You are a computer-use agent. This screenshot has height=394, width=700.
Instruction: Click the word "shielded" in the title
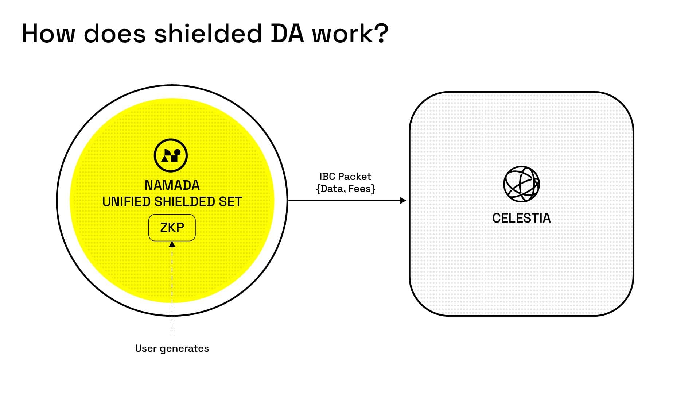pos(208,34)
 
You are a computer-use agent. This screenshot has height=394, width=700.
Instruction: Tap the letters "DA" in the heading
pos(287,34)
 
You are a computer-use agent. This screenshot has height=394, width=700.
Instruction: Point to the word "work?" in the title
pos(350,34)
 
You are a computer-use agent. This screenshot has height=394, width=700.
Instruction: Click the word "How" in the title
pos(48,34)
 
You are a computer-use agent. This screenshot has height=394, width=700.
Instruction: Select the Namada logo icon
pos(171,155)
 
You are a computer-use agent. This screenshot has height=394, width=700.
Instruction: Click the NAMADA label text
pos(172,185)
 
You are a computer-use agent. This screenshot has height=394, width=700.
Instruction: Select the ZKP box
pos(172,228)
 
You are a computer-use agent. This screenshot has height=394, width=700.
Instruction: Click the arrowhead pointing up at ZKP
pos(172,244)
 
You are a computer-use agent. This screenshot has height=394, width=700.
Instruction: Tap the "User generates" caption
pos(172,348)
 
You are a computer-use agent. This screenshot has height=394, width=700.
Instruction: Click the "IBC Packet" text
pos(345,177)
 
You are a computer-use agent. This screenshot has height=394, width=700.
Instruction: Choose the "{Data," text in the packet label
pos(331,189)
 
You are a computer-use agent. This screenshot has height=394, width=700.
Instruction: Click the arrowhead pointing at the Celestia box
pos(403,200)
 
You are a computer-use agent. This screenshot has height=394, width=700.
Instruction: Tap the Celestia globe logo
pos(521,184)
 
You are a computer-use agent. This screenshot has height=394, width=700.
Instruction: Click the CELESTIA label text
pos(521,218)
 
